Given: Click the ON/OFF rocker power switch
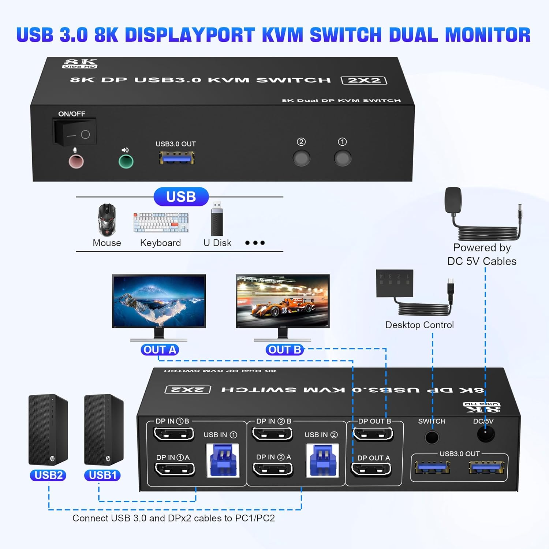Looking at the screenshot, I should [75, 132].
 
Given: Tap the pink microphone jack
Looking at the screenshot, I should [76, 161].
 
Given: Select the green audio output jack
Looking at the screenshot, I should [126, 161].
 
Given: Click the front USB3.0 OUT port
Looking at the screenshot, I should [177, 158].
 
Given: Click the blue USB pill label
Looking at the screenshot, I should [181, 197].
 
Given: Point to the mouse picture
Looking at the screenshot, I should [107, 220].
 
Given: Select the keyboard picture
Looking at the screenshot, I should [161, 223].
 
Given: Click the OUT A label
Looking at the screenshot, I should [160, 350].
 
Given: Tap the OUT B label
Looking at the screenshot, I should [285, 350].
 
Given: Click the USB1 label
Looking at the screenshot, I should [102, 475].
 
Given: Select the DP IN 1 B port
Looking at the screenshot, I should [173, 434].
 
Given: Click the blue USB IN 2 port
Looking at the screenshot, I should [323, 460].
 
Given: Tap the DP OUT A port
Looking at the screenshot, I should [371, 470].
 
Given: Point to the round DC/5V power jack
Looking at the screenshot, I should [486, 435].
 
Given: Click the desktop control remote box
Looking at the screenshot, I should [395, 283].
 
